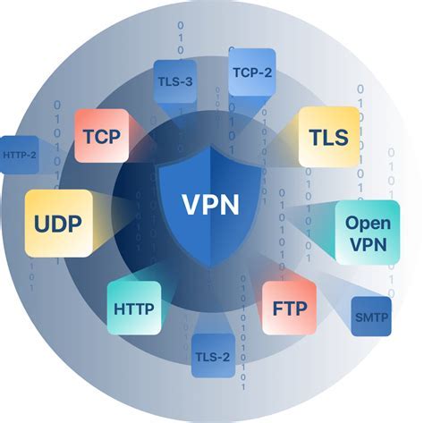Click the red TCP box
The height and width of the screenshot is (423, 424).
click(101, 136)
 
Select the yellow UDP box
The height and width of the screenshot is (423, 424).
click(58, 223)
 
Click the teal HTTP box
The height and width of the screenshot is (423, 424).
click(134, 309)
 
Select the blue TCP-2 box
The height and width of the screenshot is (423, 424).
click(251, 72)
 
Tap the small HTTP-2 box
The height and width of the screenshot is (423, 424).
click(20, 155)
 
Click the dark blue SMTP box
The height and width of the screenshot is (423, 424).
click(371, 317)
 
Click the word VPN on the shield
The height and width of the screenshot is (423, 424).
click(211, 204)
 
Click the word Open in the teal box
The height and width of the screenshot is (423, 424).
click(368, 223)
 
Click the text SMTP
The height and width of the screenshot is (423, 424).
click(371, 317)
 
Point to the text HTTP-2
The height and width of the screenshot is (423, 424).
click(20, 155)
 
